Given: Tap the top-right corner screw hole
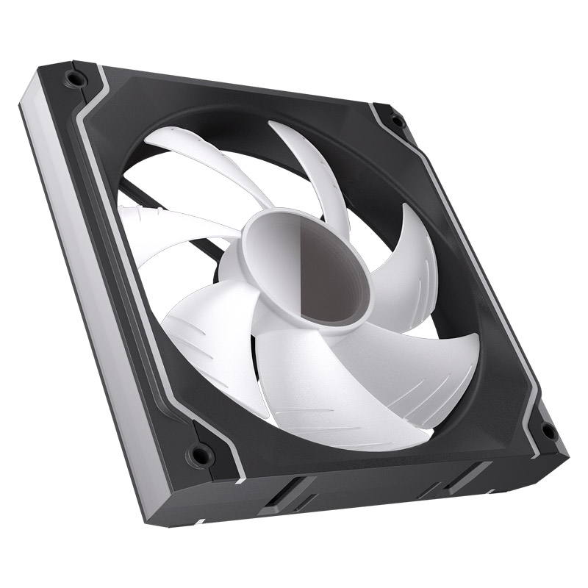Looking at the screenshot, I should point(397,120).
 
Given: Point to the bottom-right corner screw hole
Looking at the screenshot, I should point(548,431).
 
